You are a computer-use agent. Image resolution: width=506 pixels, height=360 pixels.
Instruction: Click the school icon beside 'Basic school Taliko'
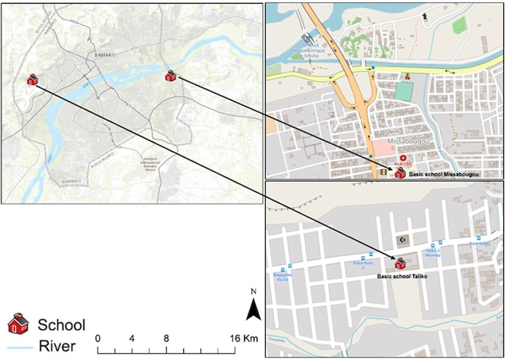click(400, 264)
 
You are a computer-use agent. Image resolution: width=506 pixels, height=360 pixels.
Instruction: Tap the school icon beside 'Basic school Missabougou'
click(400, 172)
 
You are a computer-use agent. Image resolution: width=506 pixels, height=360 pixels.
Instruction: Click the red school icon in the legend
click(18, 324)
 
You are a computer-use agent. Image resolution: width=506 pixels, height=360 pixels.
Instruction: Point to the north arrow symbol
click(253, 309)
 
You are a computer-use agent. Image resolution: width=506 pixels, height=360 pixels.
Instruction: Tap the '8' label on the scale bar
click(166, 339)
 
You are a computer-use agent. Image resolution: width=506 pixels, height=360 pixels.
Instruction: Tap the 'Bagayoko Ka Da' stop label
click(283, 277)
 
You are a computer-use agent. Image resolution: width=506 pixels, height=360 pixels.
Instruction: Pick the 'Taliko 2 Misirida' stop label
click(433, 253)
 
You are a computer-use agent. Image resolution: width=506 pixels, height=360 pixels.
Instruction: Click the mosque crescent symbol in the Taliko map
click(402, 240)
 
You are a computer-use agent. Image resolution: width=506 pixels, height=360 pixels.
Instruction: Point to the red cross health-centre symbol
click(403, 158)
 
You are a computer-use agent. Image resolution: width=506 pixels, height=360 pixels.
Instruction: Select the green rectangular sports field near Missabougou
click(404, 91)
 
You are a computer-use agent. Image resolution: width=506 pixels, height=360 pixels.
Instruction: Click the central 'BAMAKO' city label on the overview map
click(105, 55)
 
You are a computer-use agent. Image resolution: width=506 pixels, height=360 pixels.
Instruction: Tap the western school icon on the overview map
click(32, 80)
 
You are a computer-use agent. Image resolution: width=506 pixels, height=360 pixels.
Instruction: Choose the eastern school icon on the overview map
click(171, 76)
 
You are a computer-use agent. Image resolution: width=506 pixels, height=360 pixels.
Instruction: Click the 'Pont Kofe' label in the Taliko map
click(478, 244)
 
